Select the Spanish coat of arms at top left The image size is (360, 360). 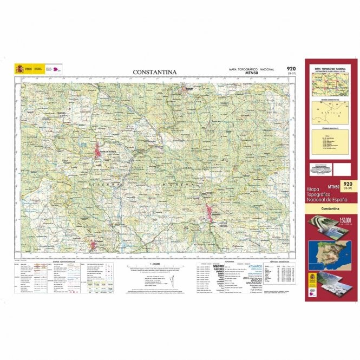(x=20, y=69)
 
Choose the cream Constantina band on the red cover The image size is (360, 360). (x=330, y=208)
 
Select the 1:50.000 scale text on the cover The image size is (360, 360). (x=344, y=220)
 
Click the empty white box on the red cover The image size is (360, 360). (x=341, y=169)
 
